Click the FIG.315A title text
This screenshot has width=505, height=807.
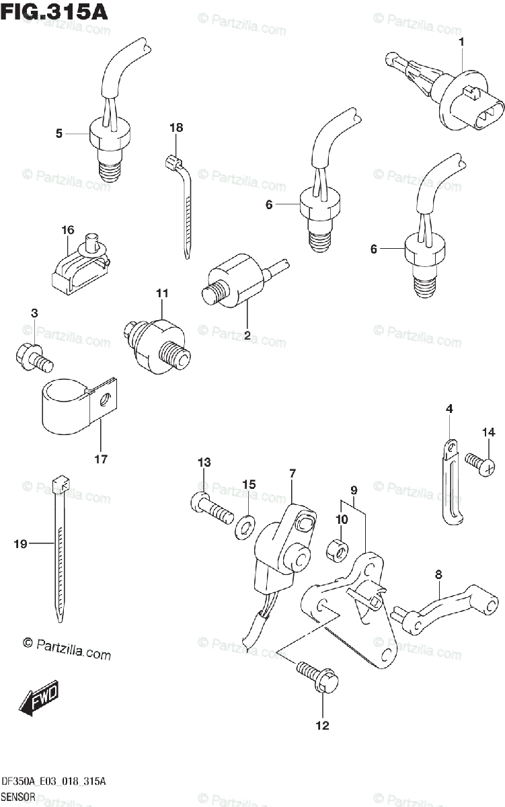coord(55,11)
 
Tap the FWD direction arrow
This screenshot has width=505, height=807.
coord(40,698)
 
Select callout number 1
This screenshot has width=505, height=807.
coord(461,42)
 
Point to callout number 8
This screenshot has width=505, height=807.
coord(438,574)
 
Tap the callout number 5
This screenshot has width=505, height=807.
coord(59,134)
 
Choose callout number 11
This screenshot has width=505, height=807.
coord(162,293)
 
